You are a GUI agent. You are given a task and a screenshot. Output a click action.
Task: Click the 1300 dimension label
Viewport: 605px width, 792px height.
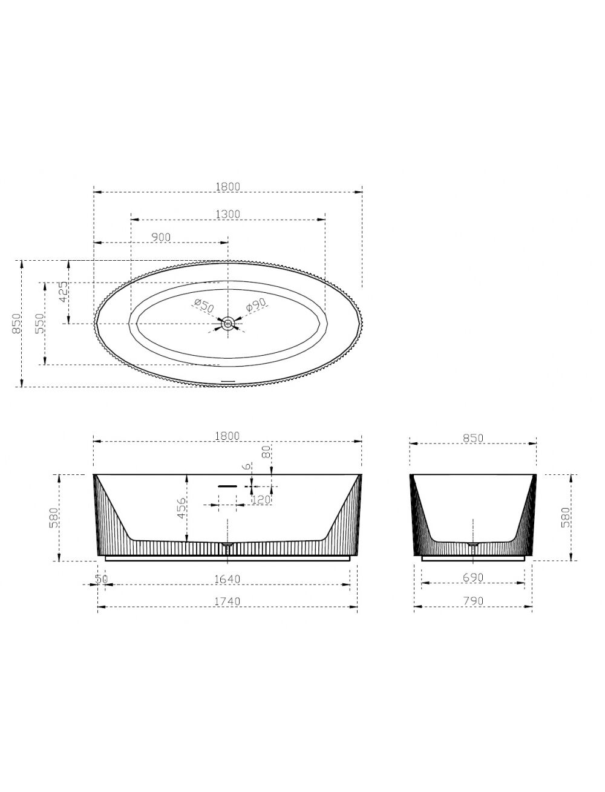227,214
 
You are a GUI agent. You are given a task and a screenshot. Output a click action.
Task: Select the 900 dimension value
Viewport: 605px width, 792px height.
160,237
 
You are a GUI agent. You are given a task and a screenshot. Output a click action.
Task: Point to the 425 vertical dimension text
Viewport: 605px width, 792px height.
63,292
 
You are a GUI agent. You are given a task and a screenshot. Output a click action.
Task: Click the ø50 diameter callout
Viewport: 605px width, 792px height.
204,306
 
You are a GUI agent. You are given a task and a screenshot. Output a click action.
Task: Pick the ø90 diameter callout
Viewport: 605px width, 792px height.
256,305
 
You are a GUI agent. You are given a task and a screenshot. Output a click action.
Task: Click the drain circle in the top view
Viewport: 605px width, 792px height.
228,323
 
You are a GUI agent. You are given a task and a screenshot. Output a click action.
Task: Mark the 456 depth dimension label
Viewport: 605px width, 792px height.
182,508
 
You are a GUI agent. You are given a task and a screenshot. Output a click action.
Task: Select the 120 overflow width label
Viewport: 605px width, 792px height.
261,499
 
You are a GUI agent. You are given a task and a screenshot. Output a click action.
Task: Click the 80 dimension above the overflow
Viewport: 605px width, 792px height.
266,451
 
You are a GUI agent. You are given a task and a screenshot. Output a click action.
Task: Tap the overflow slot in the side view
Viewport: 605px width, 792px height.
227,486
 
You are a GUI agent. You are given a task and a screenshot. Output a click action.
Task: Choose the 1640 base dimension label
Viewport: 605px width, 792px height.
227,579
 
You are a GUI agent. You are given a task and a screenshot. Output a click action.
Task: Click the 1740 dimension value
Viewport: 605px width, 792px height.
227,601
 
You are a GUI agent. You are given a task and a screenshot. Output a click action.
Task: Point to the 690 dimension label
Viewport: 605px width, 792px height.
473,577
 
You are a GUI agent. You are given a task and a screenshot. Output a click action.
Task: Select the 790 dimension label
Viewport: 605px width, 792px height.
473,601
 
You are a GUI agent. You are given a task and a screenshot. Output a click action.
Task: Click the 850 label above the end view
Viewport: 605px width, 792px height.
473,438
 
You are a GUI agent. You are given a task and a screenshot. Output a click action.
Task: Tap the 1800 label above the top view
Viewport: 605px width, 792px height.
227,186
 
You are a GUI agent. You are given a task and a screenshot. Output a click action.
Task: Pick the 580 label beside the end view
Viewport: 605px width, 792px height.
566,517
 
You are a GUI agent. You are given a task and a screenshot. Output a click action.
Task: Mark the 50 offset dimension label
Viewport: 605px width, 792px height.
102,579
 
